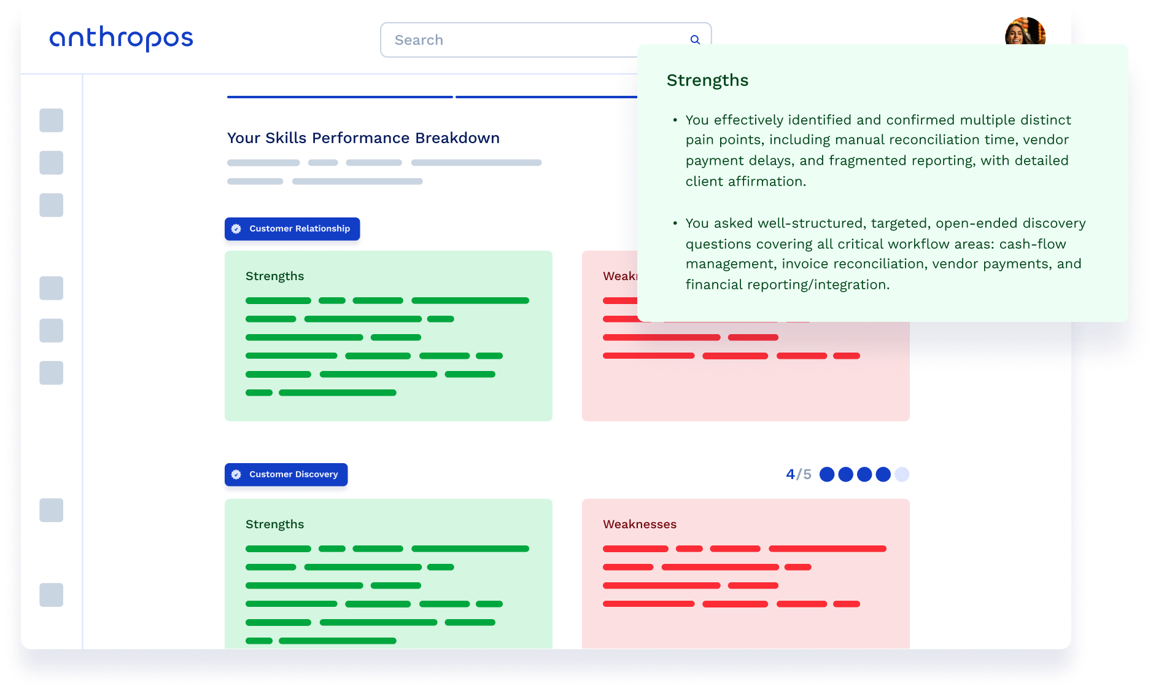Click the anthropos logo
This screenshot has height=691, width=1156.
point(121,39)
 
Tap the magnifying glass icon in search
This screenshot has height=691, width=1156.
point(695,40)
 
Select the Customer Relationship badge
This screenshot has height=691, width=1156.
point(292,229)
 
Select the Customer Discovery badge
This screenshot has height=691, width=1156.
point(286,475)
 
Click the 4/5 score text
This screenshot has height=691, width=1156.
point(798,474)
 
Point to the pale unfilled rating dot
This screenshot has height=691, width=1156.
point(902,474)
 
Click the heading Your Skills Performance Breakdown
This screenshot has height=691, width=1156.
point(363,138)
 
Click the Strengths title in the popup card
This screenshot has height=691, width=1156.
point(707,80)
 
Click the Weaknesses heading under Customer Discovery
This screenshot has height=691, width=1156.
point(639,525)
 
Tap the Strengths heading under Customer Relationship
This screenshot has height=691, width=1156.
point(274,276)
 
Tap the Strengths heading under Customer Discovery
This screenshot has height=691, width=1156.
point(274,525)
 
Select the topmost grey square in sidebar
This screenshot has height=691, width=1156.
point(52,120)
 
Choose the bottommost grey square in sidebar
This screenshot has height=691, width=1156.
point(52,595)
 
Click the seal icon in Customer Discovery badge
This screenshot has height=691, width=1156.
point(236,475)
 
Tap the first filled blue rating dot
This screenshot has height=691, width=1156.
point(827,474)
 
